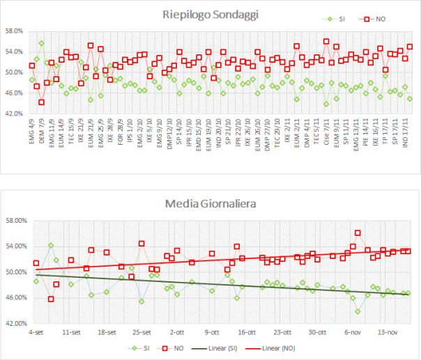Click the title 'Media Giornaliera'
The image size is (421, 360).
click(x=210, y=185)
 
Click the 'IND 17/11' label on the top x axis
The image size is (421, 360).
click(x=408, y=131)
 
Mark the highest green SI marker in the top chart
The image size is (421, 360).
click(x=41, y=43)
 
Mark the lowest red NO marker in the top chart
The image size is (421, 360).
click(x=41, y=102)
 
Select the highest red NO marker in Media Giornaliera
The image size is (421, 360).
click(x=358, y=233)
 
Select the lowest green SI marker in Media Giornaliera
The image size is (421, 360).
click(x=358, y=311)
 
